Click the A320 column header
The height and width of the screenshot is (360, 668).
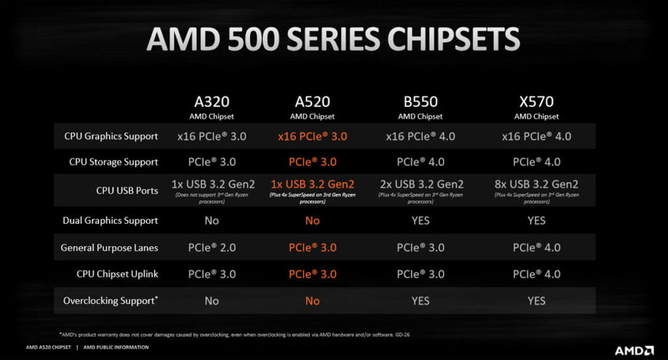(x=211, y=102)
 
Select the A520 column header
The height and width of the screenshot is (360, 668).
(x=312, y=102)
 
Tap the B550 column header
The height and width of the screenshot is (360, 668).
(x=420, y=102)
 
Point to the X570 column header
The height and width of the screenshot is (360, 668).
(x=536, y=102)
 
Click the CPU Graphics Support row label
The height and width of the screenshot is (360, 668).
(x=111, y=136)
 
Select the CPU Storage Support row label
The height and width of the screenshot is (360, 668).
(x=114, y=162)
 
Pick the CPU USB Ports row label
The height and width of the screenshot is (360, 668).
(x=127, y=190)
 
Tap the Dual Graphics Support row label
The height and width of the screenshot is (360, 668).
(x=110, y=220)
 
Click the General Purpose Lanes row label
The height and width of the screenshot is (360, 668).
(x=109, y=248)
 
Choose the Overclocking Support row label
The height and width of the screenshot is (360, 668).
(x=110, y=301)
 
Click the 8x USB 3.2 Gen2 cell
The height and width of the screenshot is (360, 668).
(x=536, y=185)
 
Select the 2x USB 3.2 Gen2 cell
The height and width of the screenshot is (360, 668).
(x=420, y=185)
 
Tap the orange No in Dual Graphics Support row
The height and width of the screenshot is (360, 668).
(x=312, y=220)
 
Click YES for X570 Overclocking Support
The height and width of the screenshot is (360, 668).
(x=536, y=301)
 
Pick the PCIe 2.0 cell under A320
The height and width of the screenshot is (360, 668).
(x=211, y=248)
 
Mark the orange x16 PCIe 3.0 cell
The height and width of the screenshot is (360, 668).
(x=312, y=136)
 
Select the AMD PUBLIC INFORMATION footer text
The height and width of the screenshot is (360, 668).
(x=116, y=347)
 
